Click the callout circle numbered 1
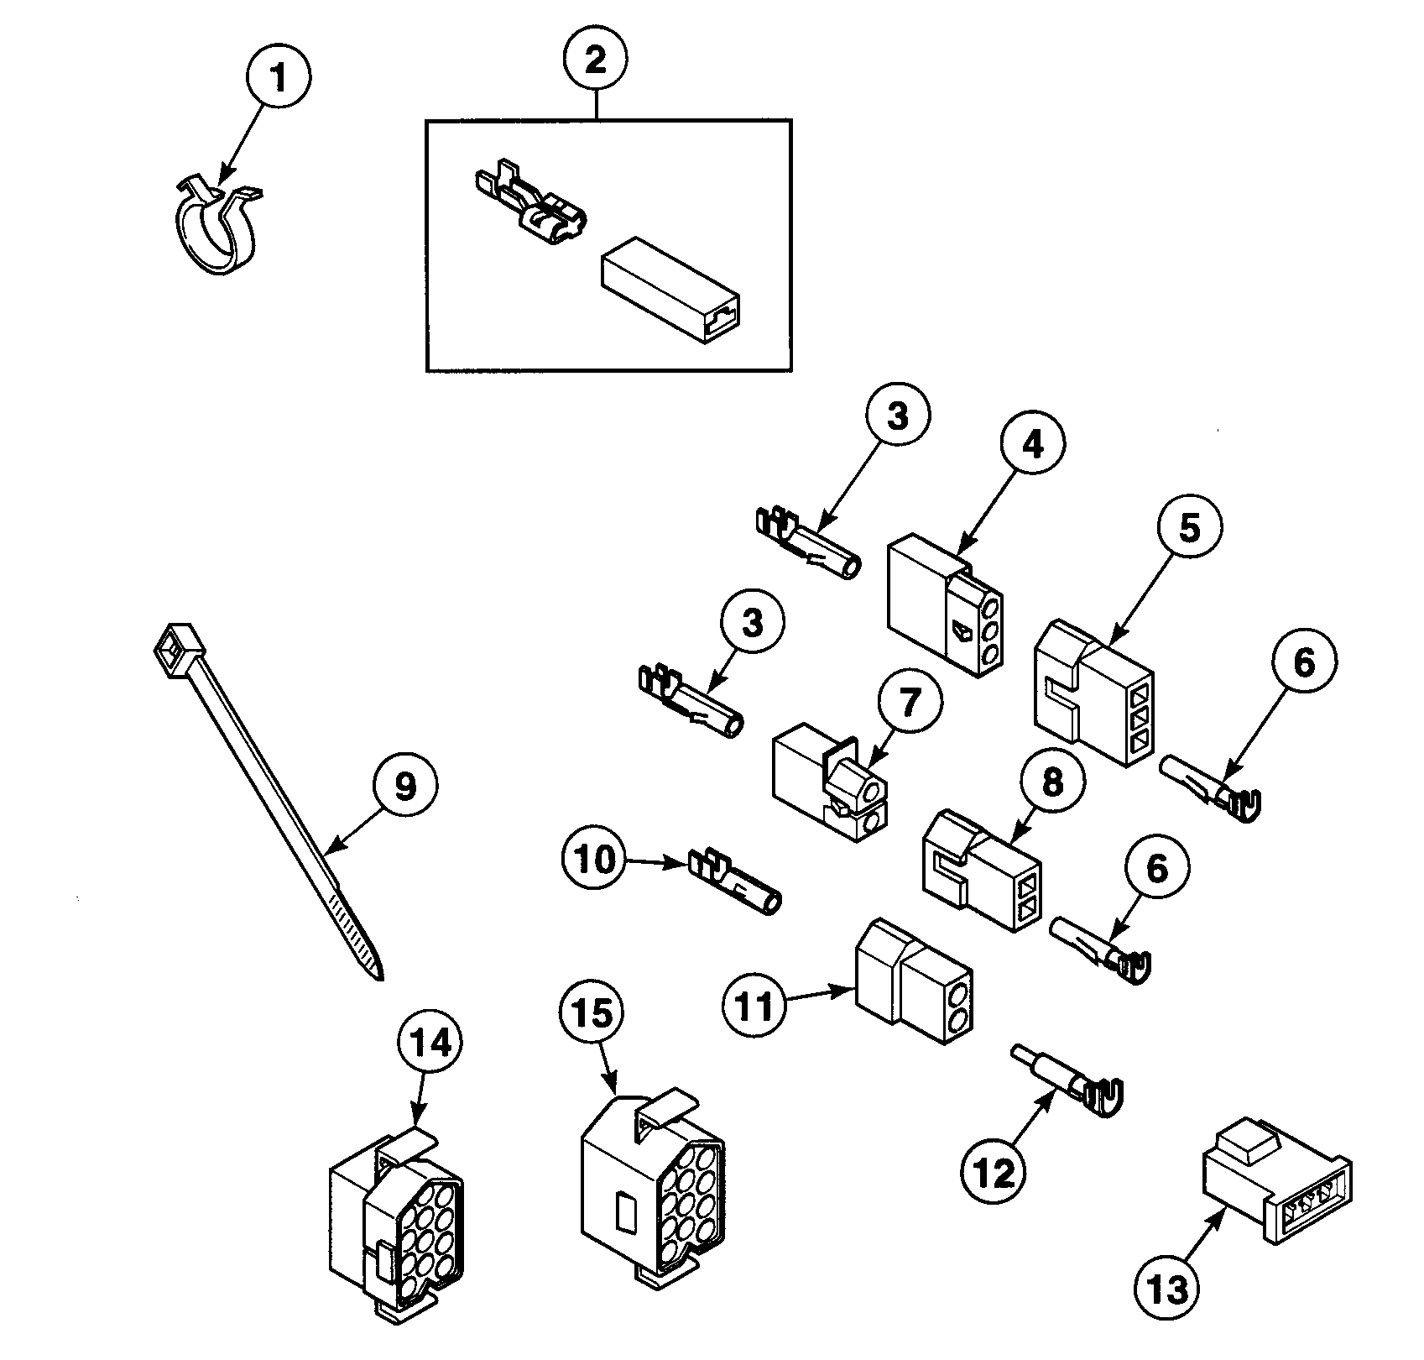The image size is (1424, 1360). coord(279,77)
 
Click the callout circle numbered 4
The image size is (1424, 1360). coord(1033,446)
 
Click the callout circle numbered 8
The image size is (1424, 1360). coord(1052,782)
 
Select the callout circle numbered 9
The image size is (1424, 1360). coord(404,787)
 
